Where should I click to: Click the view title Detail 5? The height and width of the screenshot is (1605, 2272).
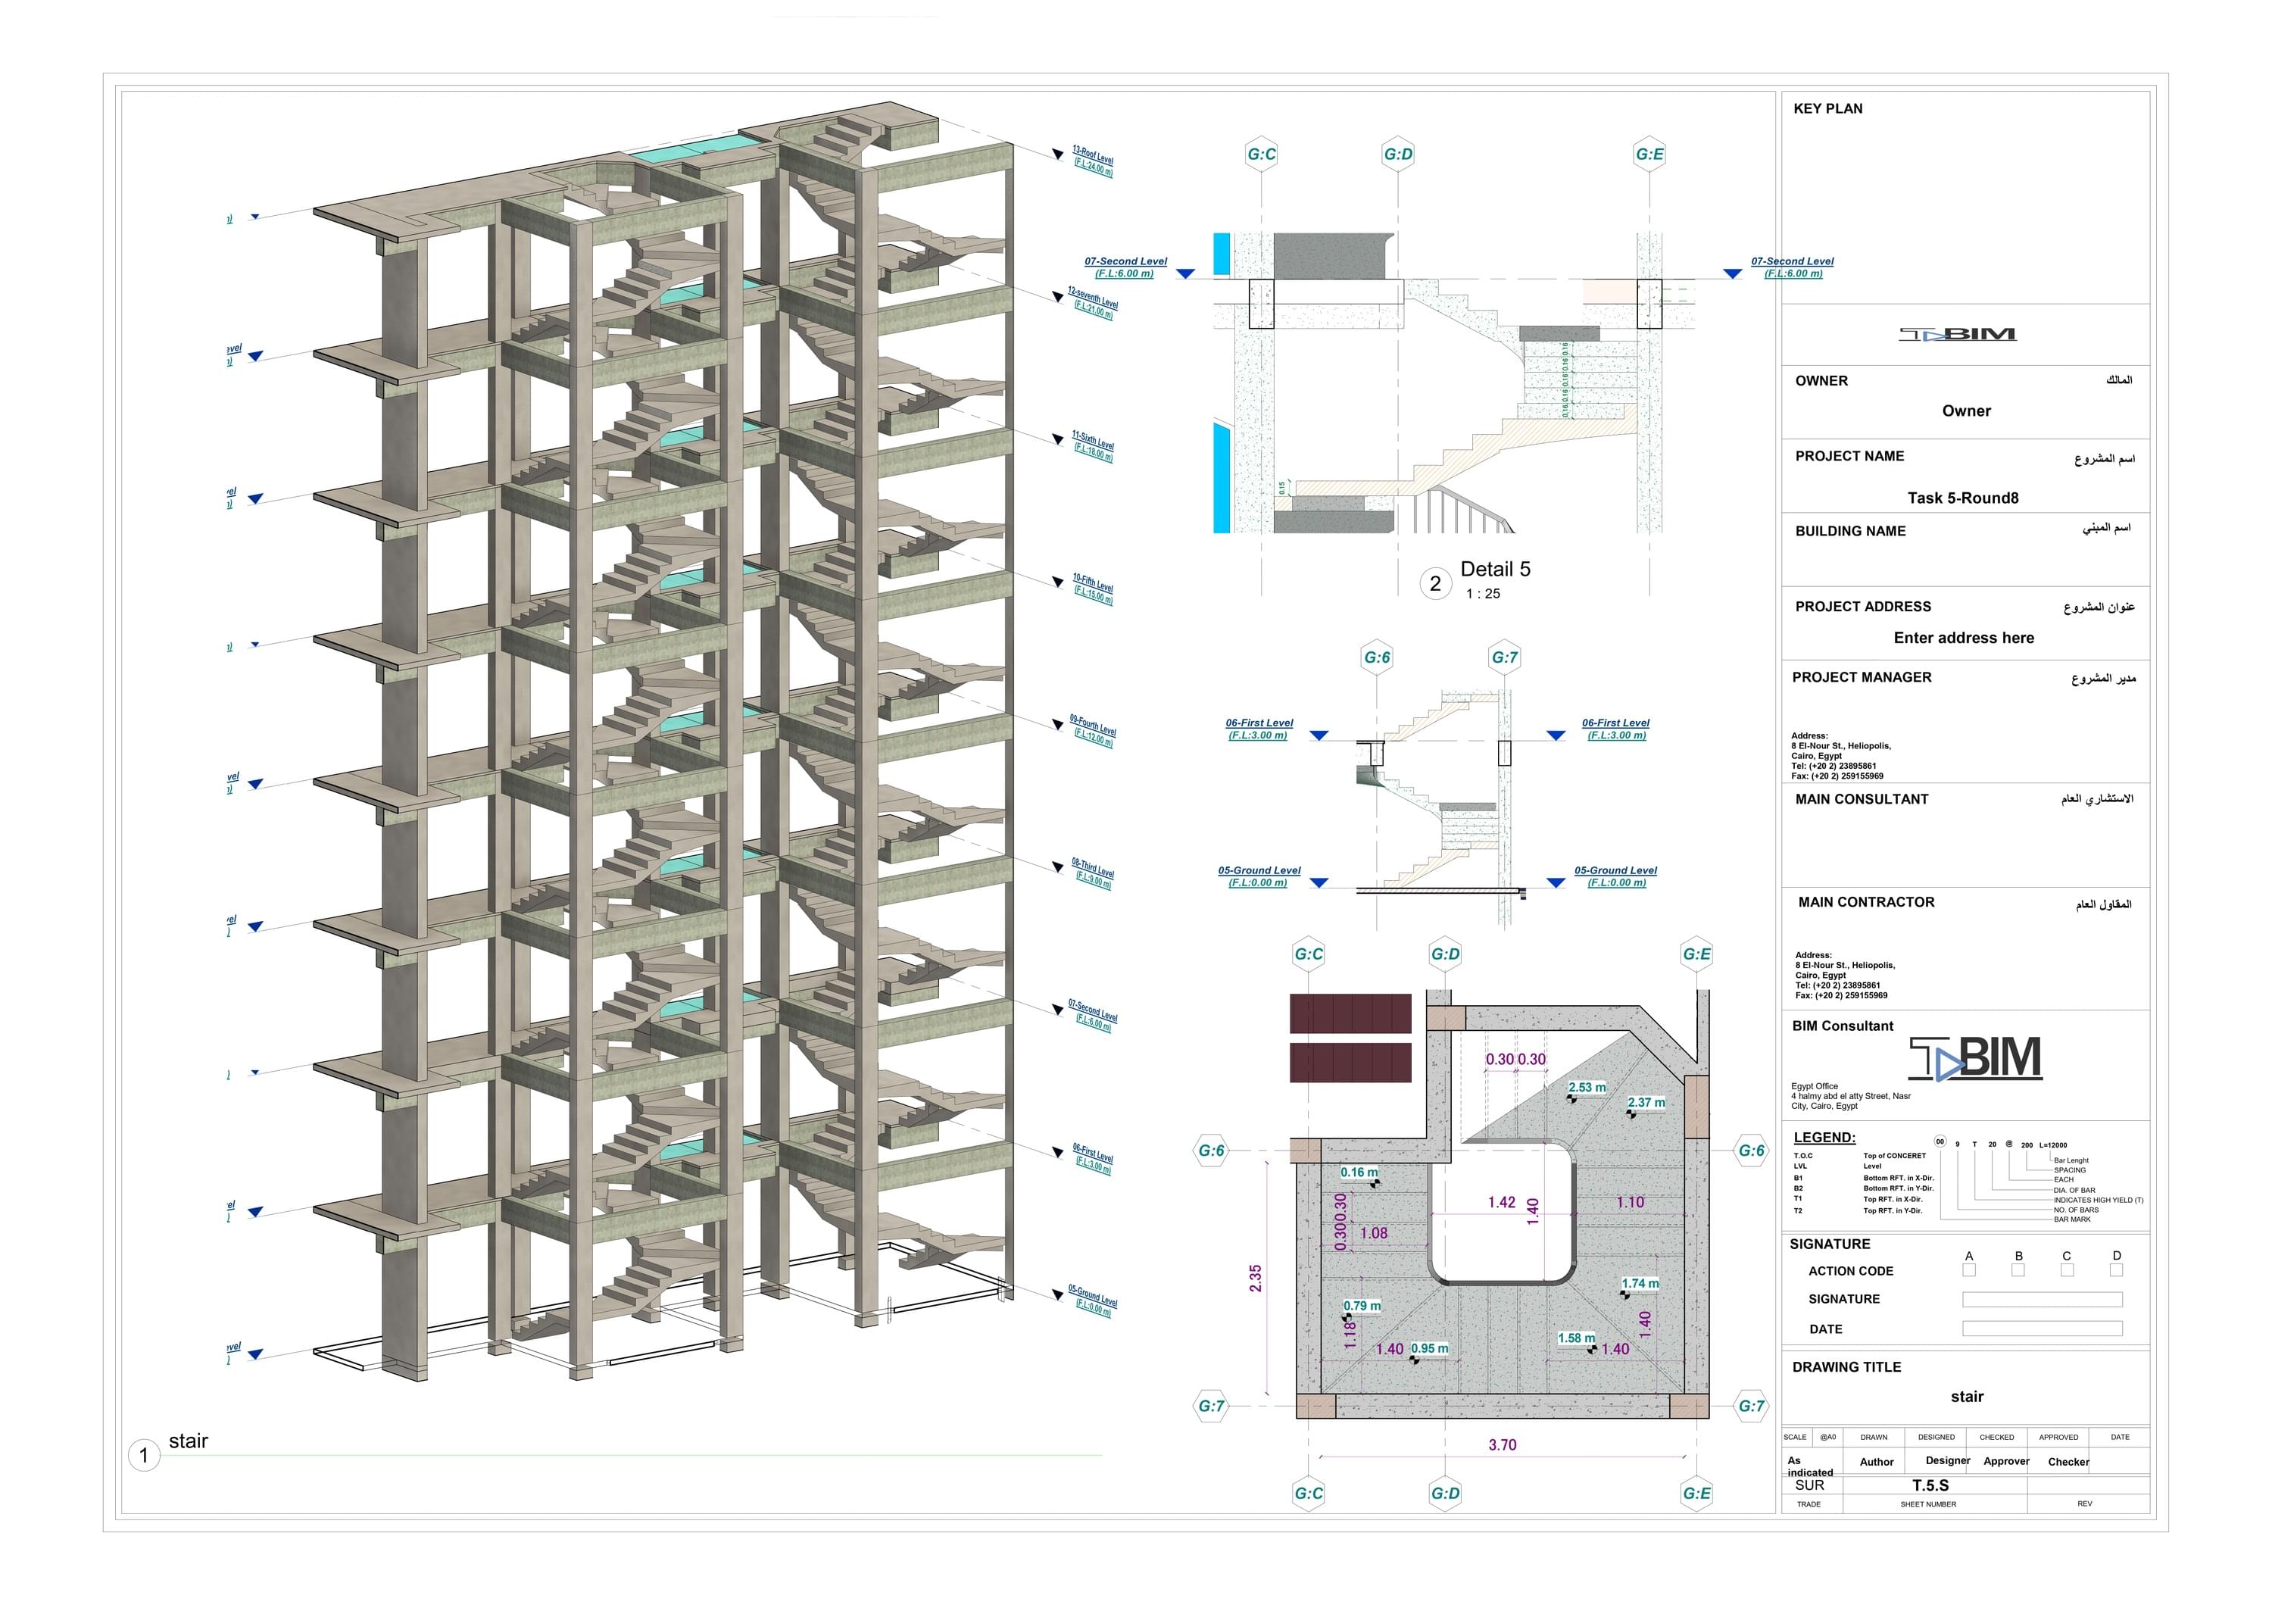click(1494, 569)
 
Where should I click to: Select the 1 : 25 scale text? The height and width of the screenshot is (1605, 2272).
click(1482, 594)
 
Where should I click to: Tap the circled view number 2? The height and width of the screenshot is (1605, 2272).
click(1435, 584)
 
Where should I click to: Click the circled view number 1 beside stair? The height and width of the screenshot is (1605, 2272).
click(145, 1454)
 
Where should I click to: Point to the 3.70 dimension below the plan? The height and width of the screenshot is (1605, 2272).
click(1501, 1444)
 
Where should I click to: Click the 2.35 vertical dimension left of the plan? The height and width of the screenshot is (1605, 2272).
click(1255, 1278)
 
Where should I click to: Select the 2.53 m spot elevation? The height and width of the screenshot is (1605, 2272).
click(1587, 1088)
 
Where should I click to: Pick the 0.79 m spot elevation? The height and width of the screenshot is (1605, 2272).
click(1362, 1306)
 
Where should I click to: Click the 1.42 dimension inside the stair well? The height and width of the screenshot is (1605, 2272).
click(1501, 1202)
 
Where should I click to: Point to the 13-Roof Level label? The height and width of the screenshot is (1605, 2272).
click(1093, 161)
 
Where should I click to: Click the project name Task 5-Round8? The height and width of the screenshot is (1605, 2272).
click(1962, 498)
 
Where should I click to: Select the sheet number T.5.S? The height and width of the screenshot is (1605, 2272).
click(1930, 1485)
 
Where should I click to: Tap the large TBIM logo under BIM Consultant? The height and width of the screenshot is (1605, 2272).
click(1974, 1058)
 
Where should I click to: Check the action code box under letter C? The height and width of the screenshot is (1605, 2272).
click(2066, 1270)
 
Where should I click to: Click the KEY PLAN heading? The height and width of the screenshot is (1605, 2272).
click(1827, 109)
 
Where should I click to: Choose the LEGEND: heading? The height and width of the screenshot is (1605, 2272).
click(1824, 1138)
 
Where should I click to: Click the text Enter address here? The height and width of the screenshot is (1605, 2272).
click(1963, 639)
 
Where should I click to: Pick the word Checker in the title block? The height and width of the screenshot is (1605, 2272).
click(2068, 1462)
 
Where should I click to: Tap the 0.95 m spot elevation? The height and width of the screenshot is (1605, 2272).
click(1429, 1349)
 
